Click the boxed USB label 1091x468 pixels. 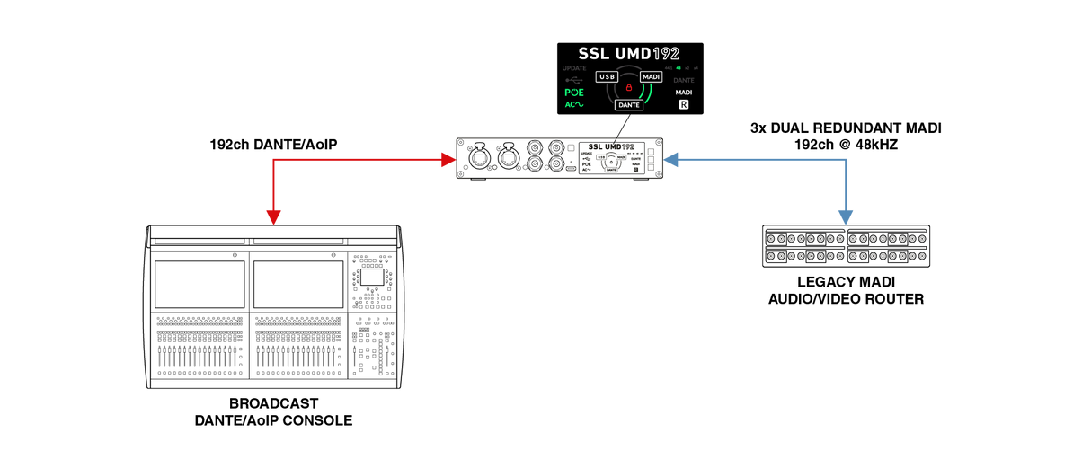(607, 77)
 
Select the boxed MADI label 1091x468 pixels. (652, 77)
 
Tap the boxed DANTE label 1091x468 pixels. (629, 105)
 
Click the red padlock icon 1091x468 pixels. (629, 88)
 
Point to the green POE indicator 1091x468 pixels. (573, 93)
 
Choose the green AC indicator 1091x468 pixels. (573, 105)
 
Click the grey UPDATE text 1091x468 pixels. (573, 68)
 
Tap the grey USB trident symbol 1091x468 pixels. (573, 80)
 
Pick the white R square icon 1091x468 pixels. (684, 105)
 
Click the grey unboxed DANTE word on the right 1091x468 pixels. (684, 81)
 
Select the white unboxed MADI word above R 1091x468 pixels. (684, 93)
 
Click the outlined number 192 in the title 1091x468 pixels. (666, 54)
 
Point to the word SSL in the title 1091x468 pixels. (594, 54)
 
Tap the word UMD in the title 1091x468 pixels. (634, 54)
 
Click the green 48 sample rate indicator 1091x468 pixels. (679, 68)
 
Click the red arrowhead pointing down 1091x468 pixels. (273, 216)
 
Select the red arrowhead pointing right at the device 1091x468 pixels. (448, 161)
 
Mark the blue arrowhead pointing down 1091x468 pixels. (845, 216)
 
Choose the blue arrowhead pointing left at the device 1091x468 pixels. (670, 161)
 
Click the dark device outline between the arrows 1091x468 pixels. (559, 160)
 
